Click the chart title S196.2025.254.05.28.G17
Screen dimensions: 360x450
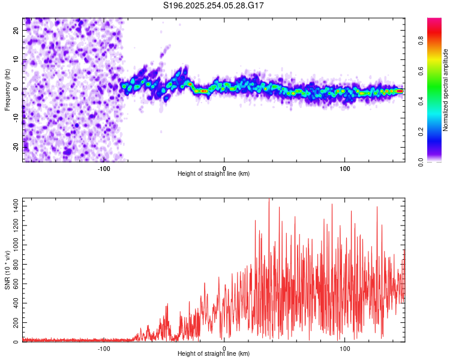click(214, 5)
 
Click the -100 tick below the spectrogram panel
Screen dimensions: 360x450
click(104, 167)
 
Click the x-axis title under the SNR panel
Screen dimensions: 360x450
click(214, 354)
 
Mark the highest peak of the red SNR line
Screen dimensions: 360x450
click(269, 199)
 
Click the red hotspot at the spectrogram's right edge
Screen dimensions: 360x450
click(400, 91)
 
